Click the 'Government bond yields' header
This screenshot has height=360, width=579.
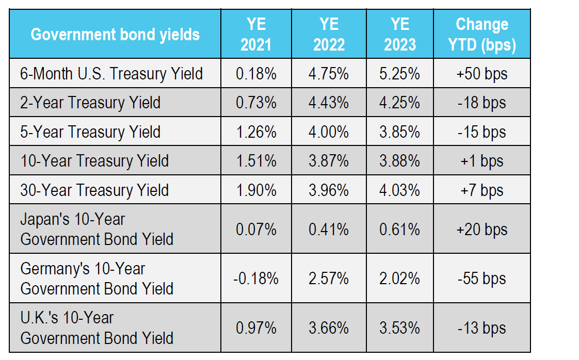coord(115,35)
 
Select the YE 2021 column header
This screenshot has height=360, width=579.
coord(256,35)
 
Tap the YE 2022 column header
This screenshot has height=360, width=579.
coord(329,35)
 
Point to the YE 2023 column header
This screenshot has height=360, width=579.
coord(400,35)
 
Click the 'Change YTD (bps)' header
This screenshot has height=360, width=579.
coord(482,35)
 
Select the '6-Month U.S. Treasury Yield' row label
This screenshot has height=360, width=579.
coord(111,73)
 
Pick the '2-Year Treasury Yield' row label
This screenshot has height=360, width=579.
coord(90,103)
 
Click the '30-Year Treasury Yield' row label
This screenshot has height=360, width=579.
coord(94,190)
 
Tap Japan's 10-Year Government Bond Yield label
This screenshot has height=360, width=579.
coord(96,230)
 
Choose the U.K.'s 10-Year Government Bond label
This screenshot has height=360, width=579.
coord(96,328)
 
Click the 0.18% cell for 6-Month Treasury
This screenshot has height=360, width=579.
coord(256,73)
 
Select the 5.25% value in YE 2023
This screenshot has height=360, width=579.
coord(399,73)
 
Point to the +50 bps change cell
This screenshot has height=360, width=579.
coord(482,74)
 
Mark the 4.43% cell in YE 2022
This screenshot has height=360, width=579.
coord(329,103)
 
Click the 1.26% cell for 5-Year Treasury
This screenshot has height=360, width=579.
coord(256,132)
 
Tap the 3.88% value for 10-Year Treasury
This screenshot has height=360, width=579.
coord(399,161)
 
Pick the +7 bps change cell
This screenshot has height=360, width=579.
coord(482,191)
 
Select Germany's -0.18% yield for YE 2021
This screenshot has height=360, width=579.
coord(256,279)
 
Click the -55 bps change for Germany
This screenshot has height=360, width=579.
coord(482,279)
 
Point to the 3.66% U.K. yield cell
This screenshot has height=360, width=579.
coord(329,328)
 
